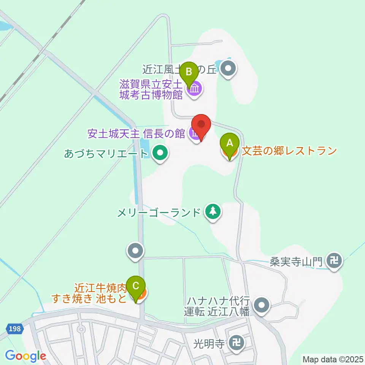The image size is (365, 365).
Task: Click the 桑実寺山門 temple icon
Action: pos(335,261)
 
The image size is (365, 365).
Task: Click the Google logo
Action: pos(25,356)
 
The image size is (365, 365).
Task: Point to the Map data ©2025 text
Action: pos(333,359)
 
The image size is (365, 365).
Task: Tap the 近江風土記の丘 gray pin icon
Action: pos(229,69)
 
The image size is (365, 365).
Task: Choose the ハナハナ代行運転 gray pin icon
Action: pos(262,305)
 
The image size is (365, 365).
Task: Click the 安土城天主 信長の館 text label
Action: pos(136,133)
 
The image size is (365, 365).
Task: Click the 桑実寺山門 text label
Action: pos(296,262)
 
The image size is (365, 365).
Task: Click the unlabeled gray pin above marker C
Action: pos(136,251)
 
